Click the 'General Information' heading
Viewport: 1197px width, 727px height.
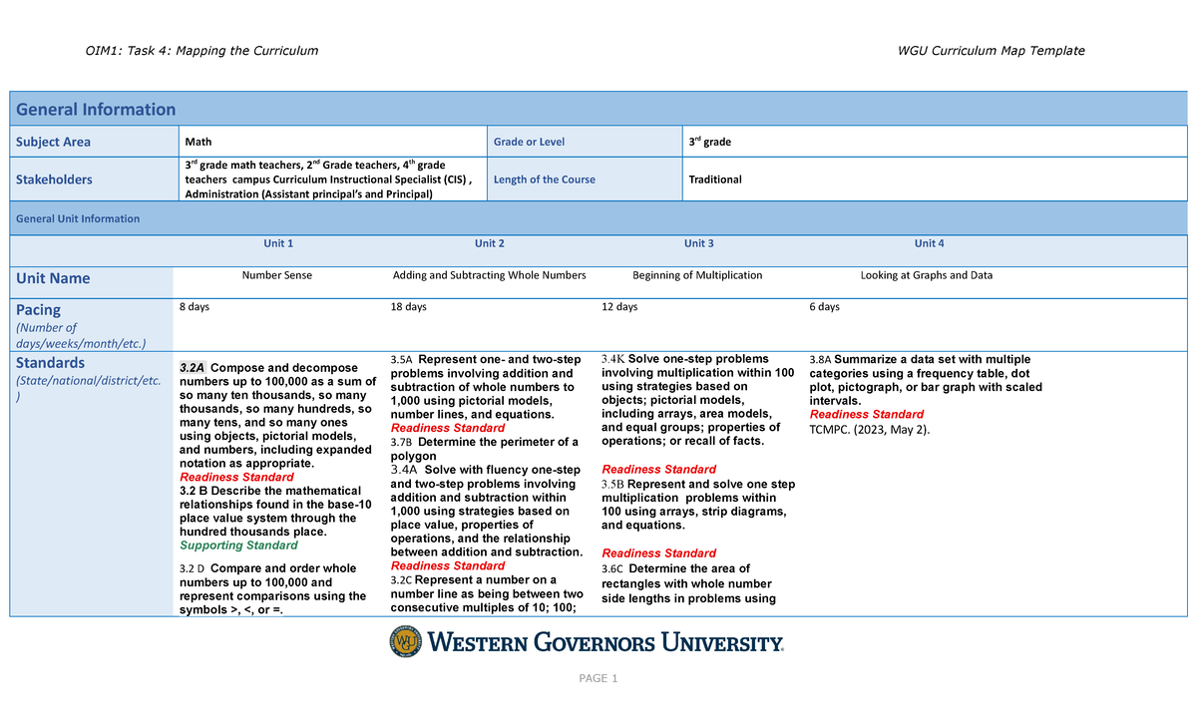click(95, 110)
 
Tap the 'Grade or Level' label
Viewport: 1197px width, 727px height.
click(529, 142)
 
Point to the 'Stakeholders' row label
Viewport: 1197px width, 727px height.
click(53, 180)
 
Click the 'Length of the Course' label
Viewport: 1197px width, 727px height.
click(545, 180)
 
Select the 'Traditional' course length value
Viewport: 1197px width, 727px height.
click(715, 180)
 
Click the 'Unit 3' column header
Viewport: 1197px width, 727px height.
click(698, 243)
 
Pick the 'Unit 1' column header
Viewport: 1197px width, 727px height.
click(278, 243)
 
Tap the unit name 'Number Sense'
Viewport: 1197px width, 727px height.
click(277, 275)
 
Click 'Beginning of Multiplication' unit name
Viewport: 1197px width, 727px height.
click(697, 275)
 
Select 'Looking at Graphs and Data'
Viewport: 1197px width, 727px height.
click(926, 275)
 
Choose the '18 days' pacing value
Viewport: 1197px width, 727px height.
click(408, 307)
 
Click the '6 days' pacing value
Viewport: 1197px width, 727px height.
click(824, 307)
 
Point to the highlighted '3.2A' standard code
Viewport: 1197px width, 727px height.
click(192, 368)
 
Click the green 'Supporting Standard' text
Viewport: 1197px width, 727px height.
click(238, 545)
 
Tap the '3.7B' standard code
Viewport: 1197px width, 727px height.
click(402, 442)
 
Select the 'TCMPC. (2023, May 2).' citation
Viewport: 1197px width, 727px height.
click(869, 429)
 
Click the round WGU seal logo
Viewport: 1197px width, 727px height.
click(406, 642)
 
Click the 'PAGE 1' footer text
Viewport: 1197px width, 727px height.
click(598, 679)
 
